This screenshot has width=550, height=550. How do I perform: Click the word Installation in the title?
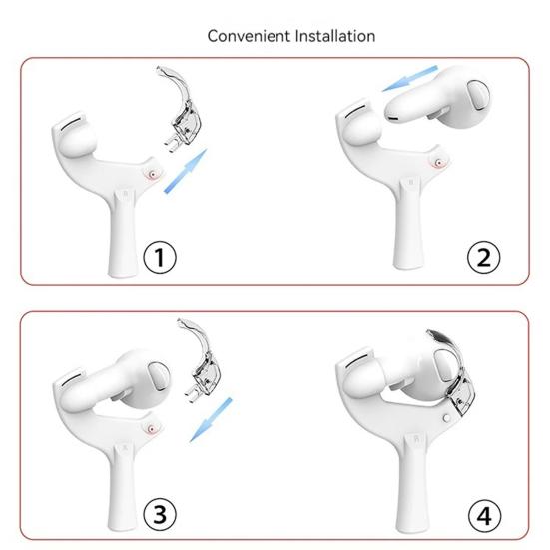[325, 36]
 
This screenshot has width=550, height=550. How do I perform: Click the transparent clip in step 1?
[186, 115]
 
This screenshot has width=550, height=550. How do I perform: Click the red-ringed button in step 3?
[151, 426]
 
